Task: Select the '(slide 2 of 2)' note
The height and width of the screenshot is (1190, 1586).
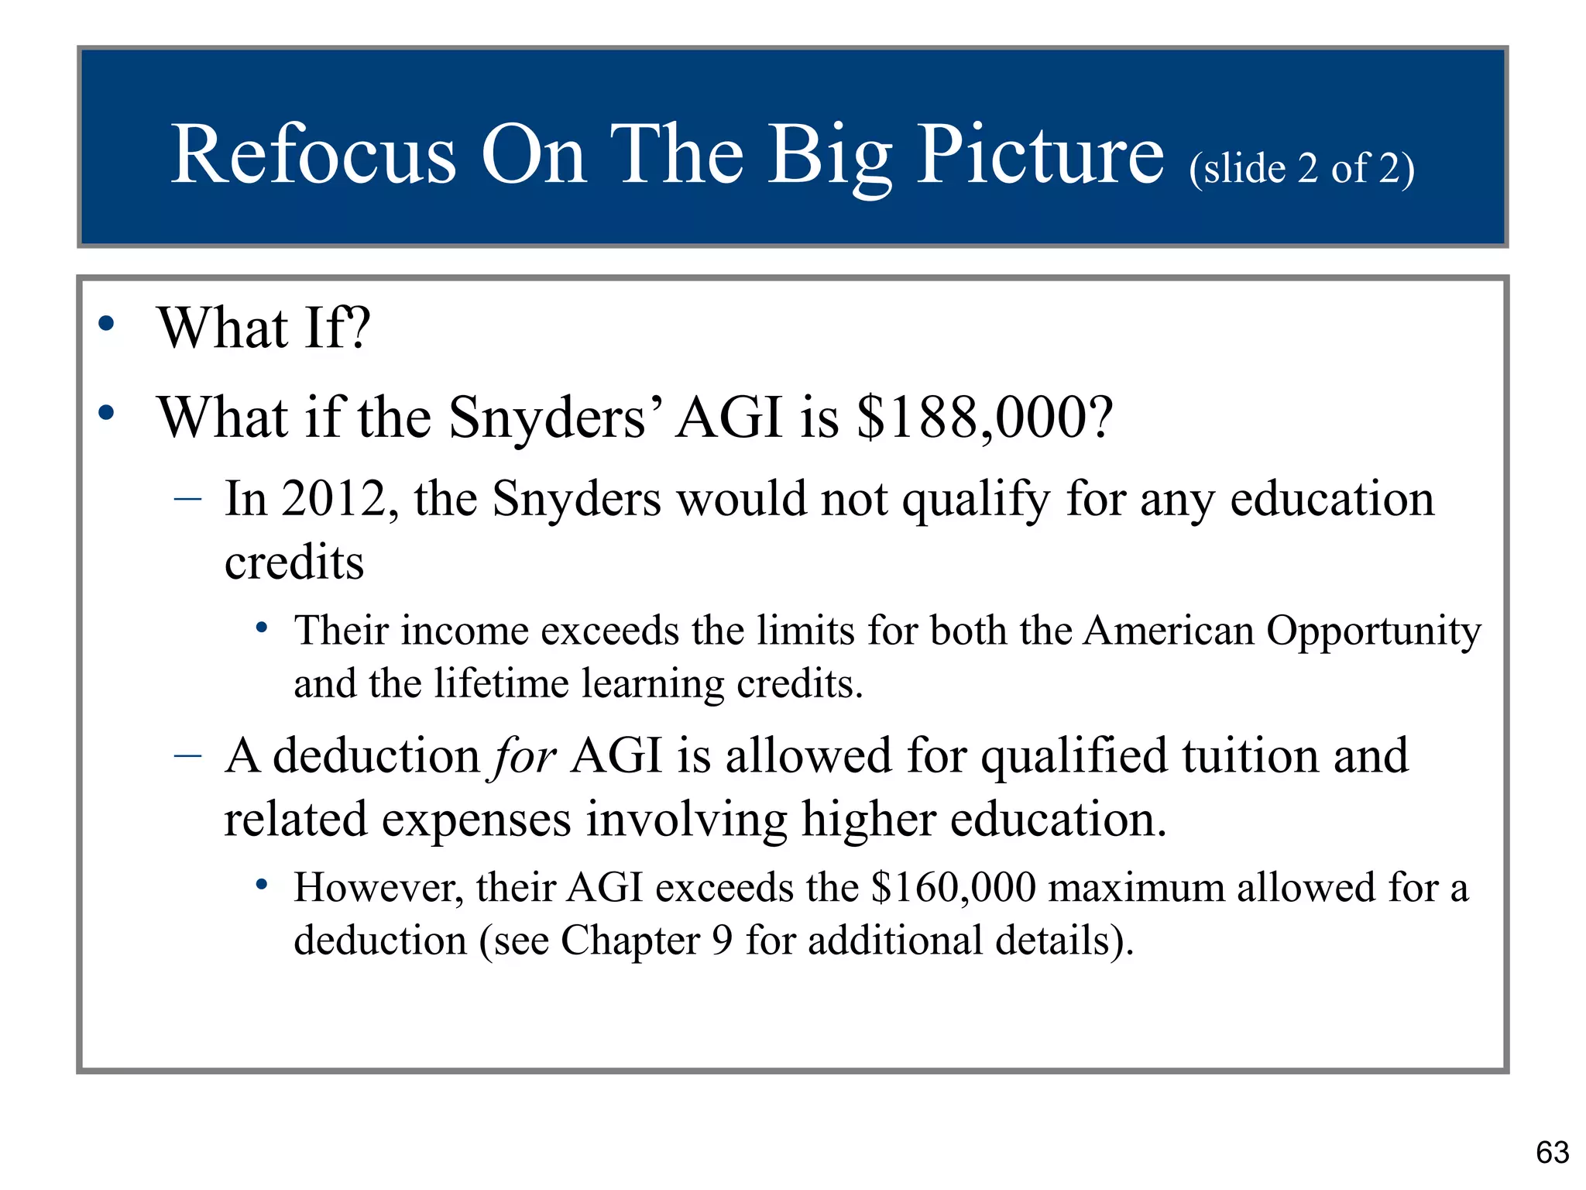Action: [1302, 168]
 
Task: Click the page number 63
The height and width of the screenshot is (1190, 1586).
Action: [1552, 1153]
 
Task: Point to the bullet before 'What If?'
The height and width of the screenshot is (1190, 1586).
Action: [107, 324]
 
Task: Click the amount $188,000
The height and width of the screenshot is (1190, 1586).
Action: [984, 418]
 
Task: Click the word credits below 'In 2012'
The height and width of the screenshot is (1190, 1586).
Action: [294, 562]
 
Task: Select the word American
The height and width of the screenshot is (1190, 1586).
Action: [1168, 631]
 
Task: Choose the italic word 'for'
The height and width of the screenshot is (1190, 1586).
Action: [524, 757]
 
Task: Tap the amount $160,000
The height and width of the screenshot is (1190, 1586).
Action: [953, 888]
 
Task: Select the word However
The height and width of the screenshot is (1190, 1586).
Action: [379, 888]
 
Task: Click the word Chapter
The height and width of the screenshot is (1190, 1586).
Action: [630, 941]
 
